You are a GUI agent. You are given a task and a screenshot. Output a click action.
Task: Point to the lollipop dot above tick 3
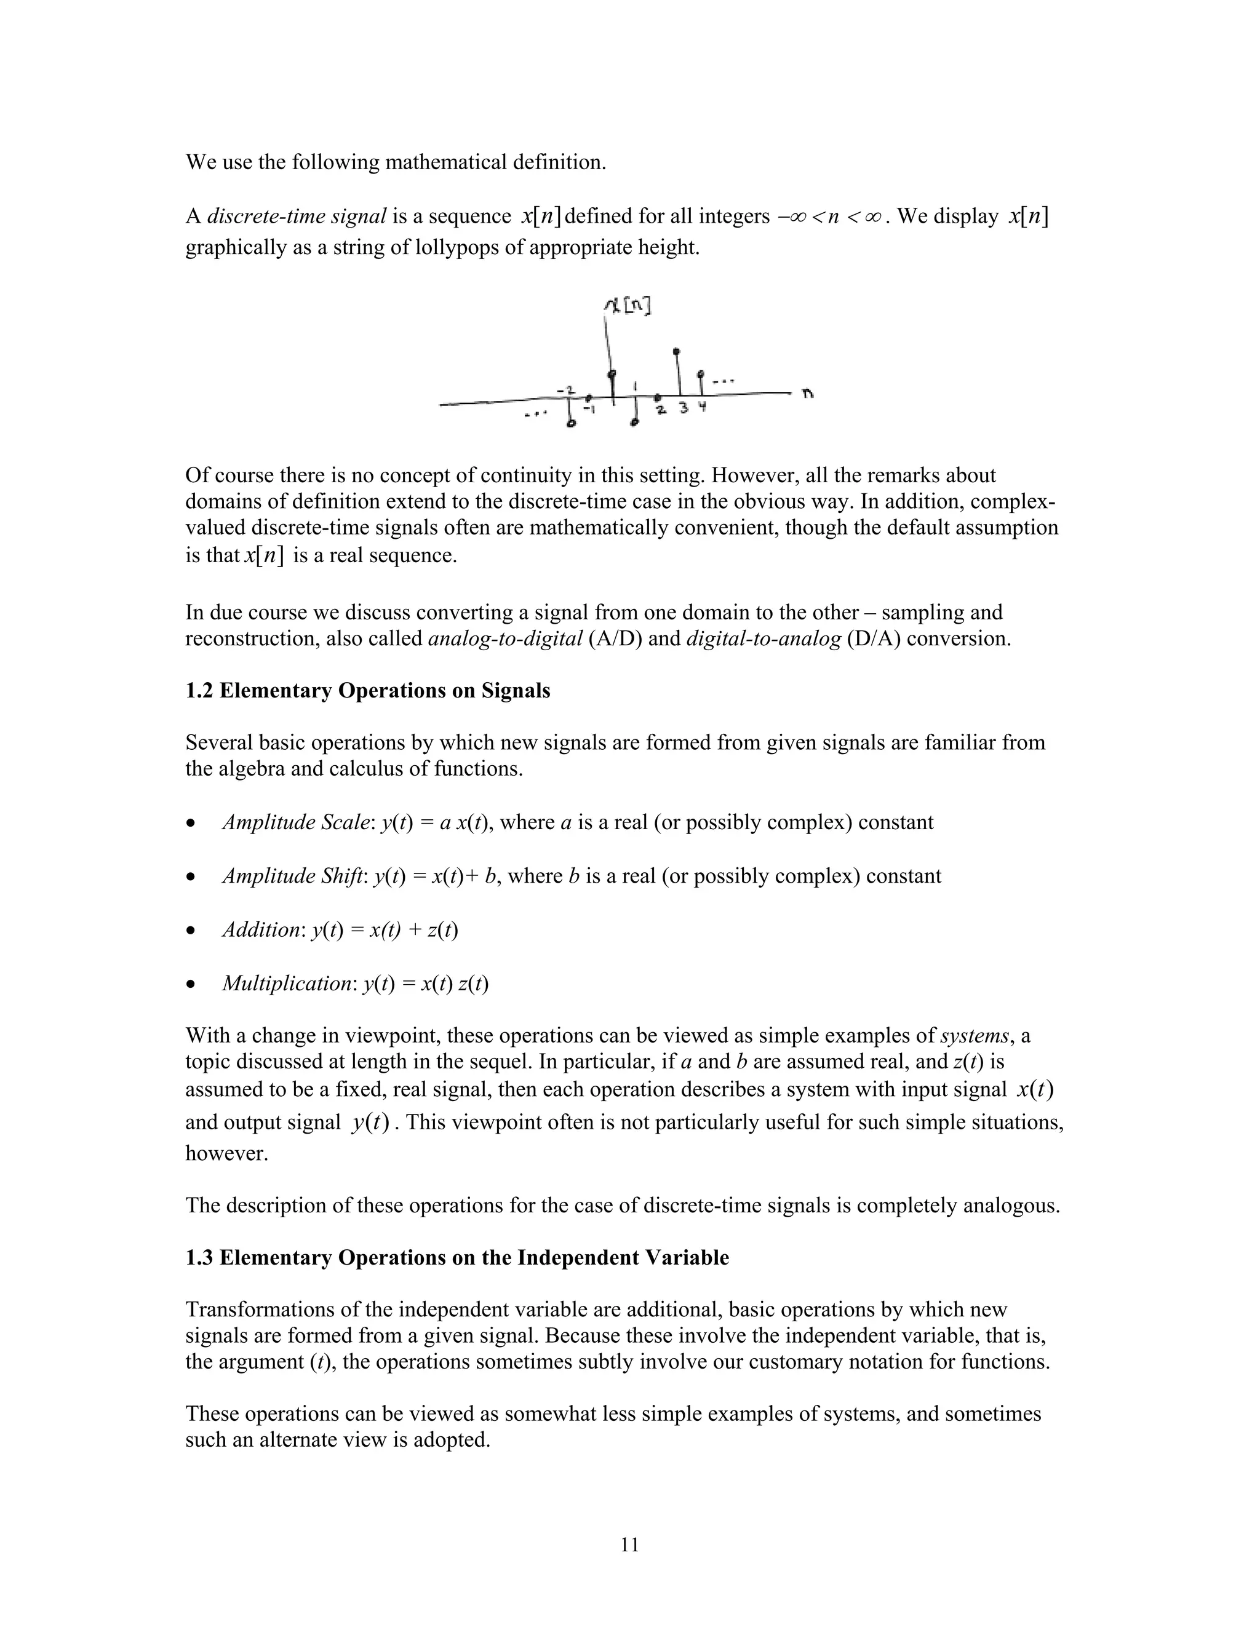click(676, 351)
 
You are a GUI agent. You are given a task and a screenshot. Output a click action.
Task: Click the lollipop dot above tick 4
click(700, 374)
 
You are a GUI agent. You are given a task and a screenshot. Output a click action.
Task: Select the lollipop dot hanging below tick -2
click(572, 424)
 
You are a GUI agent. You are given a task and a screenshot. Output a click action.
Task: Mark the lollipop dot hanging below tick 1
click(634, 423)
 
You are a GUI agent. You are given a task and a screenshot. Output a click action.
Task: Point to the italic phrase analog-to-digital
click(505, 639)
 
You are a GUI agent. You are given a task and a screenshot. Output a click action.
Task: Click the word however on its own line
click(226, 1154)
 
